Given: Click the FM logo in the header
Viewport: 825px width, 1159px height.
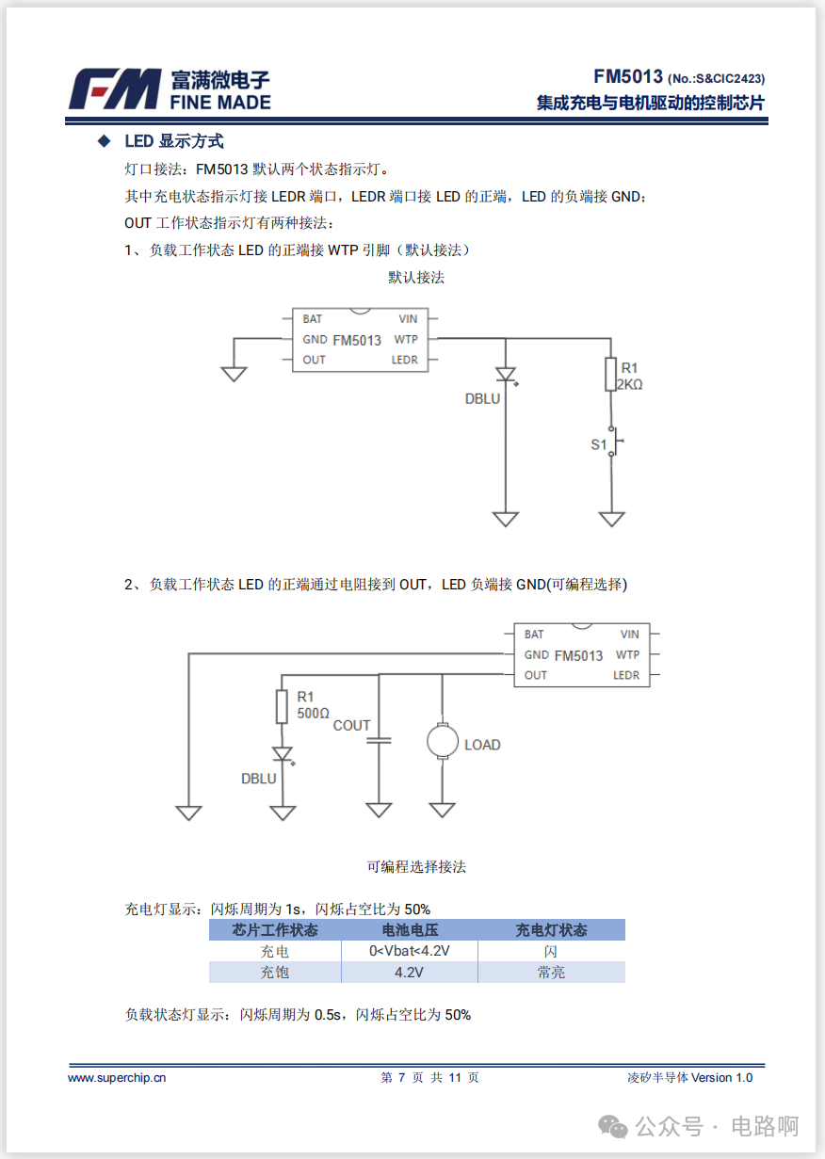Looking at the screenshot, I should tap(114, 89).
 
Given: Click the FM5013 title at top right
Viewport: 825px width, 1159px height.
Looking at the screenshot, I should tap(628, 77).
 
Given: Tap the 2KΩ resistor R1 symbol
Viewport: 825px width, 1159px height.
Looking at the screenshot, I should tap(611, 374).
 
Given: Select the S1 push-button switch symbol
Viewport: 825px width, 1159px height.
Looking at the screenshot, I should tap(613, 443).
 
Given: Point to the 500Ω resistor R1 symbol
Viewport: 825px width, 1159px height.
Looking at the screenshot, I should tap(282, 706).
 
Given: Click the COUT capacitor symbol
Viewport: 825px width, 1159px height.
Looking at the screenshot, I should tap(379, 741).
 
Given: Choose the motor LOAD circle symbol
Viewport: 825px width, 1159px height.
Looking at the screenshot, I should tap(442, 740).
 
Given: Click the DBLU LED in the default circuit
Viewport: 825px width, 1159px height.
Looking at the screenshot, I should tap(506, 375).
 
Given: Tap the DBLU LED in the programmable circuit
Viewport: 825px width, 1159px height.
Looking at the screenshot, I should tap(282, 755).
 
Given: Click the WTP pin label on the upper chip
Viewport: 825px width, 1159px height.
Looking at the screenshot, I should tap(406, 339).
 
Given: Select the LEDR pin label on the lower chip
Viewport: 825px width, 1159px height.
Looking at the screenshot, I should tap(626, 675).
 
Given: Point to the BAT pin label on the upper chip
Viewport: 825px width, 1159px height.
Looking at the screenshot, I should tap(313, 319).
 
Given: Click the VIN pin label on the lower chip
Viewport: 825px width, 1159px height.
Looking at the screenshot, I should tap(630, 635).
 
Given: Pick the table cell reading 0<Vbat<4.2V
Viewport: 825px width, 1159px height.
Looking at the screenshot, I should tap(410, 951).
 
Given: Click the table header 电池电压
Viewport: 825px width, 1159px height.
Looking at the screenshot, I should tap(410, 930).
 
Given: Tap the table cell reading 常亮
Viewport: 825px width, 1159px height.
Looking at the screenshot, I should tap(551, 973).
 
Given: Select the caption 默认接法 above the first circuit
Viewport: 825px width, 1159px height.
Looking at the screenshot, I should tap(416, 278).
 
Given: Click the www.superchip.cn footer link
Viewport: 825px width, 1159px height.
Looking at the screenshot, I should tap(117, 1077).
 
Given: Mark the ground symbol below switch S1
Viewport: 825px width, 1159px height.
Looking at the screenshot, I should tap(612, 519).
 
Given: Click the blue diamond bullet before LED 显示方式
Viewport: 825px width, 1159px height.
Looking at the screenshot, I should tap(104, 141).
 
